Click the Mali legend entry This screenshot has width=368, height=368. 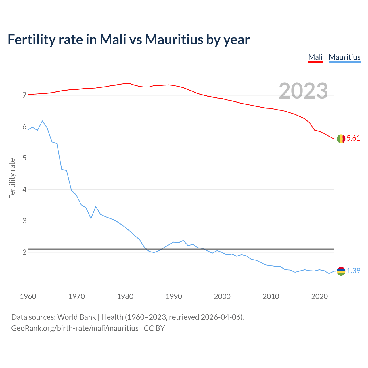[315, 57]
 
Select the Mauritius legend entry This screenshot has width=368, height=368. [344, 57]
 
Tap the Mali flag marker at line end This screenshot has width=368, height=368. [341, 139]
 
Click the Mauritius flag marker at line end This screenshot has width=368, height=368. [341, 271]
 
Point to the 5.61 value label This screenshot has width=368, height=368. [353, 138]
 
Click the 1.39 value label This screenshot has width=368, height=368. [353, 271]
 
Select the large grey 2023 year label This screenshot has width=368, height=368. [303, 91]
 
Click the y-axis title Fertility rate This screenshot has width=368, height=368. [12, 178]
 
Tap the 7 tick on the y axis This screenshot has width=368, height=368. [24, 95]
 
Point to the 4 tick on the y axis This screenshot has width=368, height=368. [24, 189]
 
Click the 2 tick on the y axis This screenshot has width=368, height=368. [24, 252]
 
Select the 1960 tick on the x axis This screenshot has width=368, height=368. [28, 296]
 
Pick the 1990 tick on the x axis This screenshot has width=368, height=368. [174, 296]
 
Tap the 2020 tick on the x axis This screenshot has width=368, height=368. [319, 296]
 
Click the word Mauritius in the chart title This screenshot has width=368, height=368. [174, 40]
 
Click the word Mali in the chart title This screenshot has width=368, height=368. [113, 40]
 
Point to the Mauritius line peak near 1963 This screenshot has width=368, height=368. [42, 121]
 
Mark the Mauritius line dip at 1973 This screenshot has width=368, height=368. [91, 218]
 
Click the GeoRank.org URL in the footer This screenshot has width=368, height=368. [75, 328]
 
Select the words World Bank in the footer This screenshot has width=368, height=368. [76, 317]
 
